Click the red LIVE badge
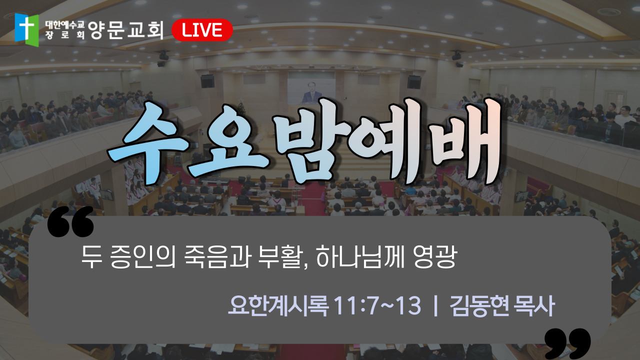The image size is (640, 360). point(202,30)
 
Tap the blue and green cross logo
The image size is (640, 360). point(26,29)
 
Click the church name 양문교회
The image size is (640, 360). point(126,30)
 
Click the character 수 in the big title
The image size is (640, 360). point(148,143)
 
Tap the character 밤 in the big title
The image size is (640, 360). point(313,141)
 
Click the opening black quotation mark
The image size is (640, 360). point(70,221)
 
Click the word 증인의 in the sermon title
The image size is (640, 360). point(142,256)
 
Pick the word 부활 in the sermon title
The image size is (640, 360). point(280,256)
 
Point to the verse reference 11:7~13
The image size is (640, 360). point(377,305)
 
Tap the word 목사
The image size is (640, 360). point(534,305)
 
